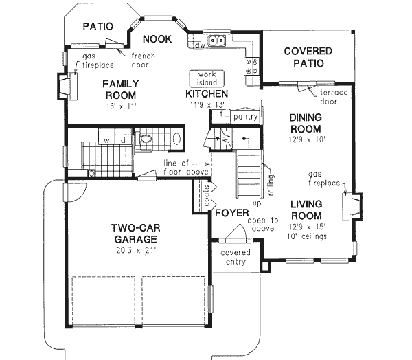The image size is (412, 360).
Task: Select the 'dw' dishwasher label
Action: pyautogui.click(x=199, y=45)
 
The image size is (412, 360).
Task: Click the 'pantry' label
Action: pyautogui.click(x=245, y=117)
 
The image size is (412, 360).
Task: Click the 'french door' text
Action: pyautogui.click(x=142, y=62)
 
